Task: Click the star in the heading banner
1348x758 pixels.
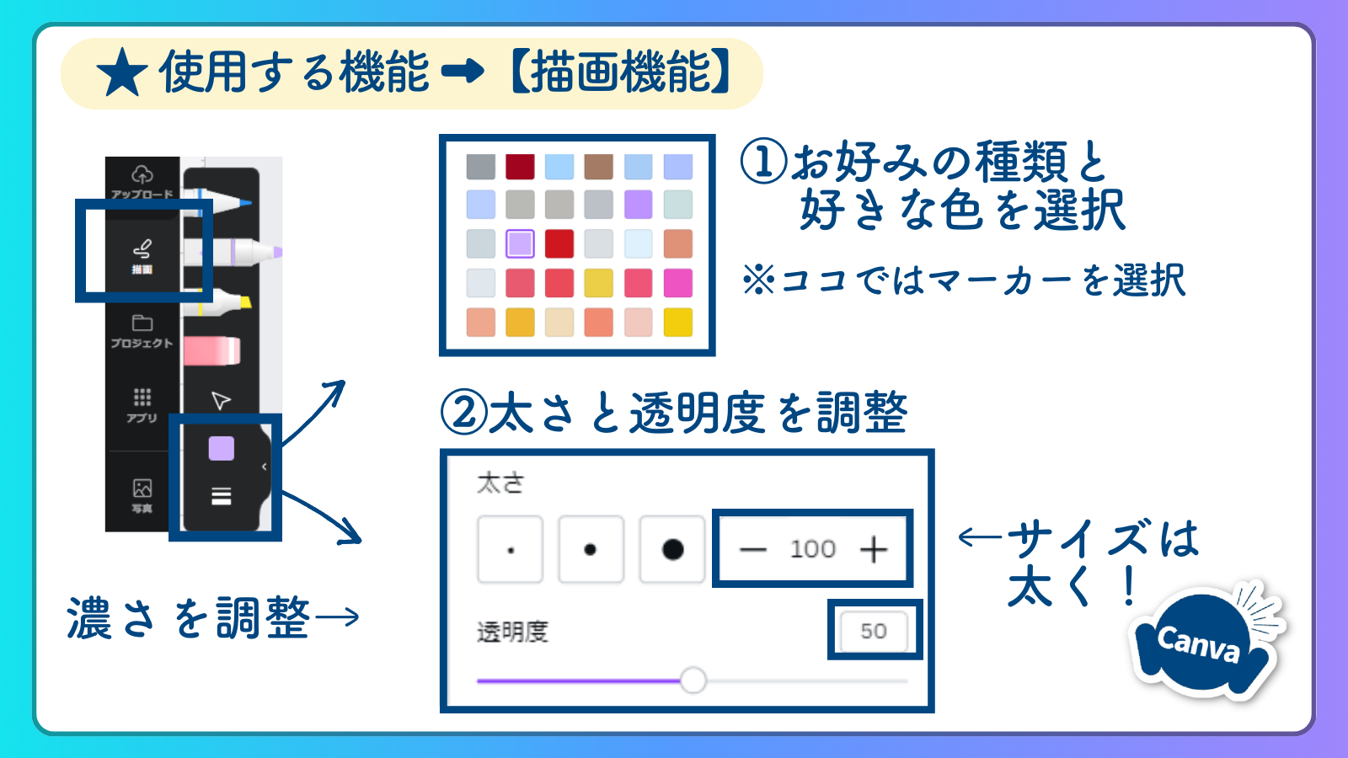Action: [x=123, y=73]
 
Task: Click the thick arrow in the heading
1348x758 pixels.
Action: [x=463, y=72]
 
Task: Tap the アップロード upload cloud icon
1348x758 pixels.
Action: [x=142, y=175]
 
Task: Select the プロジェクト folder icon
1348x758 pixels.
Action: [x=142, y=323]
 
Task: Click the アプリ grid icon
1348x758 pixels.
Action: [x=142, y=397]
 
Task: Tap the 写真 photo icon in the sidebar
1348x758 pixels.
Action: [x=142, y=488]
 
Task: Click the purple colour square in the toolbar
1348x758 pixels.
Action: [x=222, y=449]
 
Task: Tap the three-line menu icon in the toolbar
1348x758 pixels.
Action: [x=222, y=496]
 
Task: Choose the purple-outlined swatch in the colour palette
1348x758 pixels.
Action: [x=520, y=243]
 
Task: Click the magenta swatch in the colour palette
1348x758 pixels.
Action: [x=678, y=283]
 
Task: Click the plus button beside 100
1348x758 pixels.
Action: [x=874, y=549]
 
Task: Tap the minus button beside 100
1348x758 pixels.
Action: [x=752, y=549]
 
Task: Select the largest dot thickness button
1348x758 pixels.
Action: [x=672, y=549]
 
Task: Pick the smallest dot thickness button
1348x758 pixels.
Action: [x=511, y=549]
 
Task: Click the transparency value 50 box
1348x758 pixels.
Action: [x=874, y=631]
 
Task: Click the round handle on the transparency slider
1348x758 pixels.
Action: [x=693, y=680]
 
